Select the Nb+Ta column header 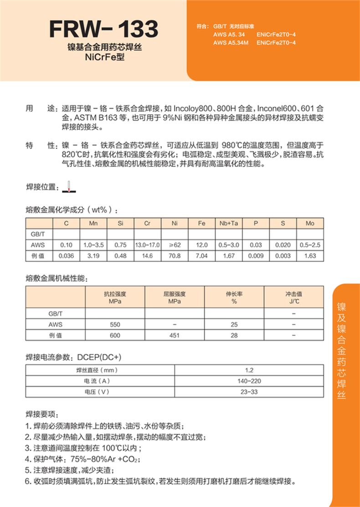[229, 224]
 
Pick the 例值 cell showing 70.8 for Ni [175, 256]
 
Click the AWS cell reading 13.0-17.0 [147, 245]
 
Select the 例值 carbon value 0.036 [67, 256]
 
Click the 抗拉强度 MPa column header [115, 297]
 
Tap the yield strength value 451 [175, 335]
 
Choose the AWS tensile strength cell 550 [115, 325]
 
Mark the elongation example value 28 [234, 335]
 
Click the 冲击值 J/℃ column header [294, 297]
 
